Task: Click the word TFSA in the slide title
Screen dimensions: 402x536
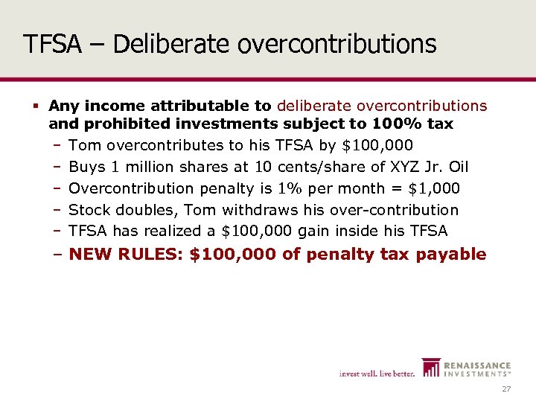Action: coord(52,44)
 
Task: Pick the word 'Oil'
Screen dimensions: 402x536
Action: coord(457,166)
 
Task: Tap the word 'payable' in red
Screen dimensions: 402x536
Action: coord(454,255)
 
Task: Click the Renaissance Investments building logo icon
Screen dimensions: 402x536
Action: coord(431,368)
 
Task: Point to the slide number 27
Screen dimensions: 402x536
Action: coord(506,390)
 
